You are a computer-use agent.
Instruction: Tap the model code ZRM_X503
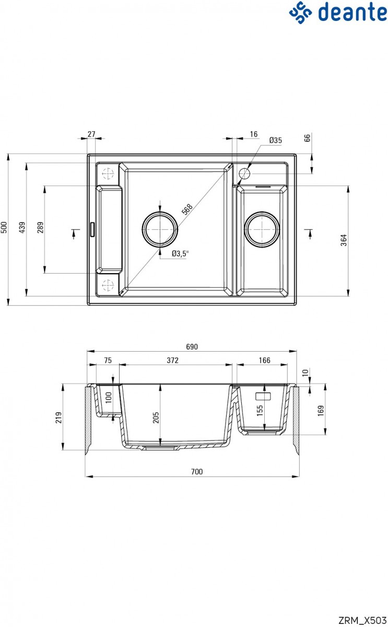click(x=362, y=620)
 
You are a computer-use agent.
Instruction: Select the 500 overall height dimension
click(x=4, y=228)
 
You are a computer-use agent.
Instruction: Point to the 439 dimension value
click(x=22, y=228)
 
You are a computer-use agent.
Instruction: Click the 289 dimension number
click(x=41, y=227)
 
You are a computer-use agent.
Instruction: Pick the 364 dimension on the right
click(x=344, y=240)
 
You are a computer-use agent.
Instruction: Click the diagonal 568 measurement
click(x=187, y=209)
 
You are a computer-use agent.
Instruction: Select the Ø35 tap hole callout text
click(x=276, y=140)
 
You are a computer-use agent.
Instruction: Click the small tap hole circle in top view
click(x=244, y=173)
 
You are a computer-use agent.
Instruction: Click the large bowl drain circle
click(x=160, y=229)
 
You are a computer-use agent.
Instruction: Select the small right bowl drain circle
click(x=262, y=229)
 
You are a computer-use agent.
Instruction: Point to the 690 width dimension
click(x=192, y=347)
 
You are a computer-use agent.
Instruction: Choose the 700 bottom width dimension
click(x=197, y=472)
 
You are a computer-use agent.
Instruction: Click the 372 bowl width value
click(x=173, y=360)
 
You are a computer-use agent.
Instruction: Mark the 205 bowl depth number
click(x=156, y=417)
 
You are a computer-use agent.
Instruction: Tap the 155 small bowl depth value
click(x=260, y=410)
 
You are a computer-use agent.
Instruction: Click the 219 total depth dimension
click(x=58, y=417)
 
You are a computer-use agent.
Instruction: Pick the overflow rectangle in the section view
click(x=263, y=396)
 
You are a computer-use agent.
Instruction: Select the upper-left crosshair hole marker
click(x=108, y=173)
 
